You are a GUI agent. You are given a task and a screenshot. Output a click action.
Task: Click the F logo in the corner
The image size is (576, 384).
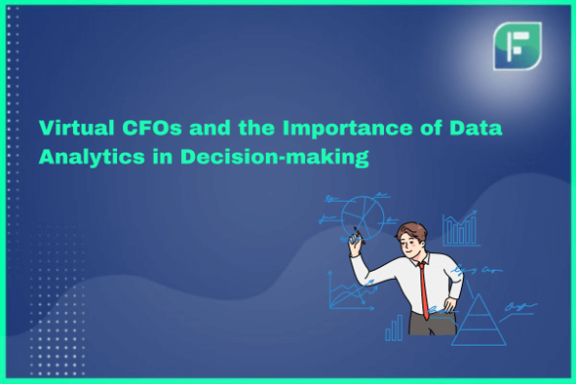coord(517,45)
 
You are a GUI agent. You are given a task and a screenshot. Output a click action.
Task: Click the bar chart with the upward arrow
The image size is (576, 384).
coord(459,230)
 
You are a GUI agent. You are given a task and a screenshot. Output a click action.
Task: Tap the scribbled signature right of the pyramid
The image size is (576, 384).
coord(518,308)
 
